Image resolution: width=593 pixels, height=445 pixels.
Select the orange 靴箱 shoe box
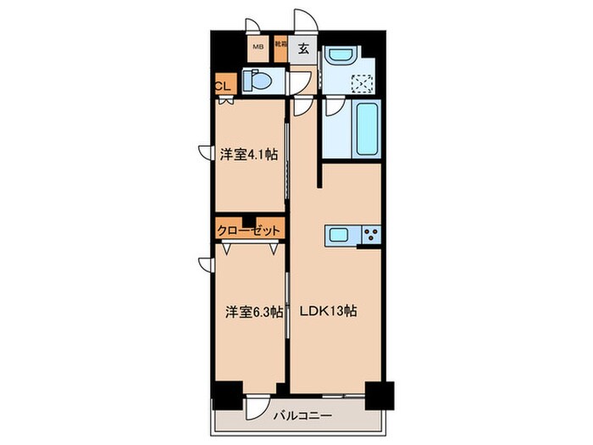280,49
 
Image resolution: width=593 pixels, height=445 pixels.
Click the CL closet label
223,86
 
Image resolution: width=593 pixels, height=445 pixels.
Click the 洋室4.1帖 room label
249,153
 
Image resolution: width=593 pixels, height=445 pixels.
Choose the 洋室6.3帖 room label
249,311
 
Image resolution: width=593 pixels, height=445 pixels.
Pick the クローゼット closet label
248,230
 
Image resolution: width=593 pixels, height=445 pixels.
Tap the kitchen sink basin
340,235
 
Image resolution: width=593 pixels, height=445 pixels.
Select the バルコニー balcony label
301,415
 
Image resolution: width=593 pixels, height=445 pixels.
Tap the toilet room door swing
298,81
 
